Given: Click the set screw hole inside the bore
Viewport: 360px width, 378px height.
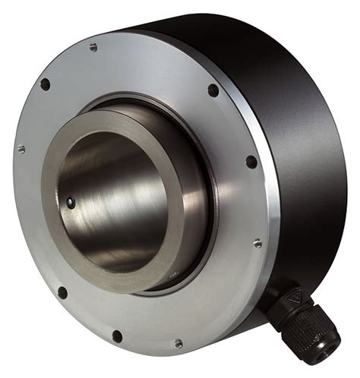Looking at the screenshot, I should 70,202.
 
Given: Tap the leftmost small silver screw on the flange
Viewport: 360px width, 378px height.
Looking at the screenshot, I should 21,149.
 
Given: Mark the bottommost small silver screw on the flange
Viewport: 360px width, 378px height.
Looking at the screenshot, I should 178,342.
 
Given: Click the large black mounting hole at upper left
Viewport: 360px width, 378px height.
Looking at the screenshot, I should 45,83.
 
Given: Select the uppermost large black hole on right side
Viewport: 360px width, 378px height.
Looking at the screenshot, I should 213,90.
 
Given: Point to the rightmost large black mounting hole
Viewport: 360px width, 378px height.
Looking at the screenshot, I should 251,162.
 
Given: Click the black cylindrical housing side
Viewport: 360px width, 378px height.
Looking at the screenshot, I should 304,137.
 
